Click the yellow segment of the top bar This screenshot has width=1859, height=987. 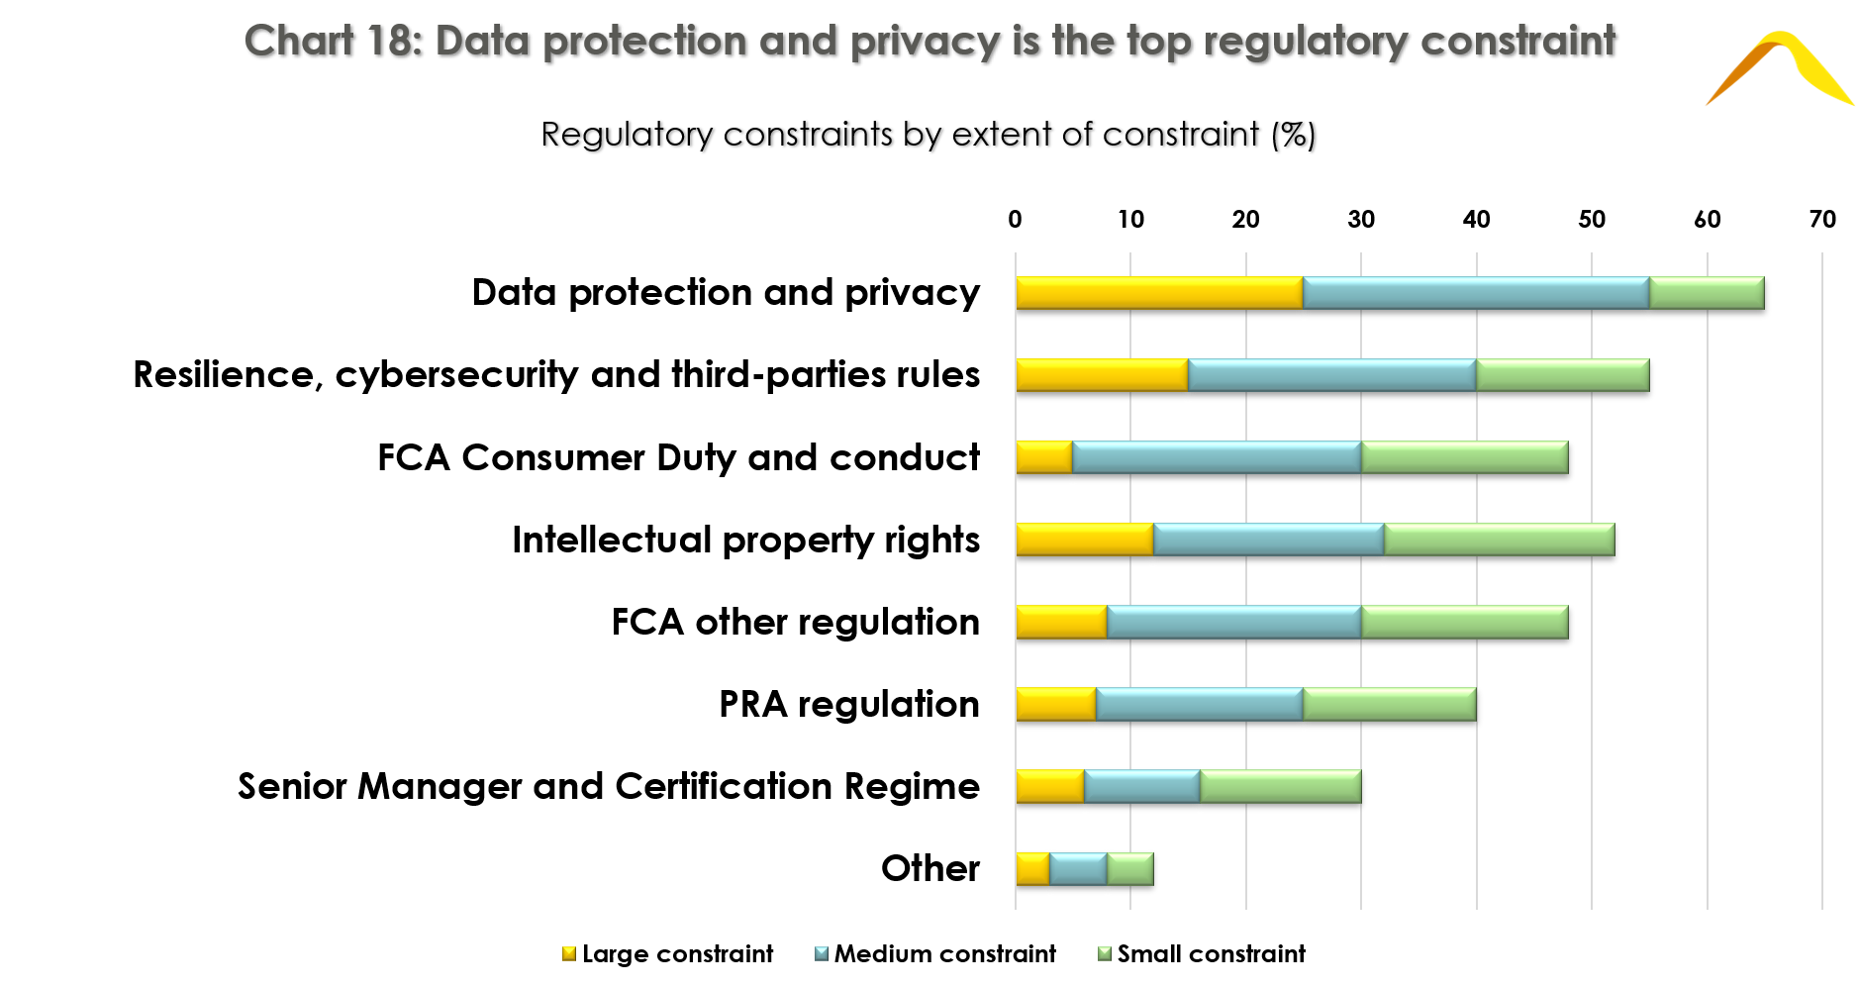[x=1159, y=293]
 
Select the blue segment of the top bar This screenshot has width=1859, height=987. [x=1476, y=293]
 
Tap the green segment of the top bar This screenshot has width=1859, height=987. [x=1707, y=293]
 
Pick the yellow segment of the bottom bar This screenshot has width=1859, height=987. [x=1032, y=869]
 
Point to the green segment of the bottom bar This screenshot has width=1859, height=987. [x=1130, y=869]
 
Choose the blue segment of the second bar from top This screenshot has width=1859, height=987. [x=1332, y=375]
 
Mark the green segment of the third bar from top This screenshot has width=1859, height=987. [x=1465, y=457]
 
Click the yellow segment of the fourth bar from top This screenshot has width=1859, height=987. [x=1085, y=540]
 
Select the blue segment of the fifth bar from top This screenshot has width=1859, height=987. [x=1234, y=622]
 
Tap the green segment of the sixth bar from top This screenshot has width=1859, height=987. [x=1390, y=704]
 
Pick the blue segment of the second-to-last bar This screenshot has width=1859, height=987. [x=1142, y=786]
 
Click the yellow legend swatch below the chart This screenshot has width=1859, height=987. [x=569, y=953]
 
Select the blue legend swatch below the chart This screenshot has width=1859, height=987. [x=822, y=953]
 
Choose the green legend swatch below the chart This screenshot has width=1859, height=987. [x=1105, y=953]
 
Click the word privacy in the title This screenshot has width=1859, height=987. [x=925, y=42]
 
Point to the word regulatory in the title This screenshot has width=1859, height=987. [x=1305, y=42]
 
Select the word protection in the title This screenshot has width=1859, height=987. [x=644, y=42]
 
